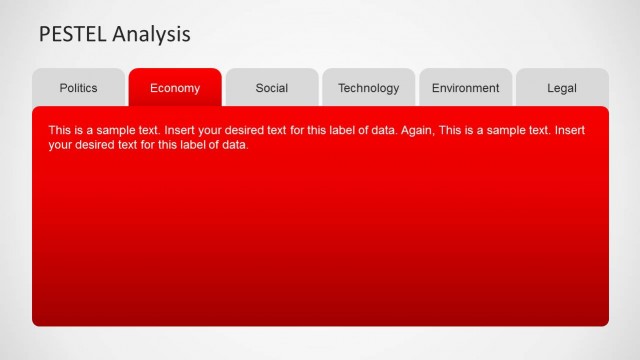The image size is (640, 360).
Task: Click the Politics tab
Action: [78, 88]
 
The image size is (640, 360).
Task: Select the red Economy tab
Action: [175, 88]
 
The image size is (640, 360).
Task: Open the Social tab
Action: [272, 88]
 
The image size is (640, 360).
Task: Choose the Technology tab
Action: [368, 88]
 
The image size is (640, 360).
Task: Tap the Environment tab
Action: [465, 88]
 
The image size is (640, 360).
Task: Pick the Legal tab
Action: [562, 88]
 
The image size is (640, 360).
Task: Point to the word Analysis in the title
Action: [152, 34]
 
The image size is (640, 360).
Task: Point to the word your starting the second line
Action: [60, 145]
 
